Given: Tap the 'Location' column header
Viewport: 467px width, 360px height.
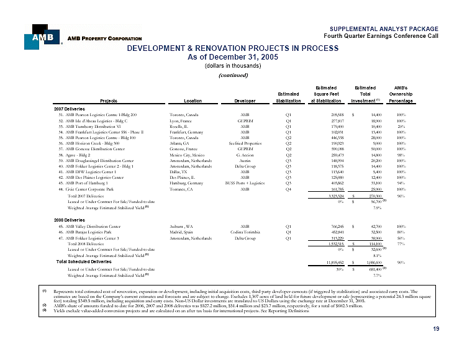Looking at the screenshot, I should [184, 101].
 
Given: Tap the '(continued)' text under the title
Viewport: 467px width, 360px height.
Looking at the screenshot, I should [233, 76].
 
